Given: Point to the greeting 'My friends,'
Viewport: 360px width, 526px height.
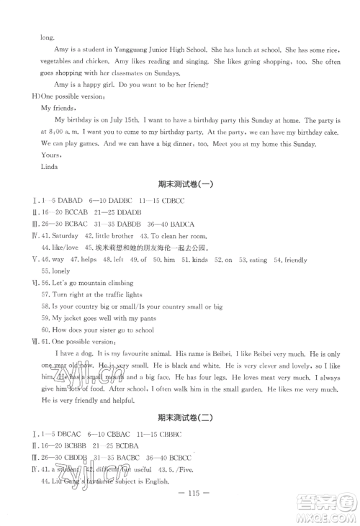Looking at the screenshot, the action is coord(58,108).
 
